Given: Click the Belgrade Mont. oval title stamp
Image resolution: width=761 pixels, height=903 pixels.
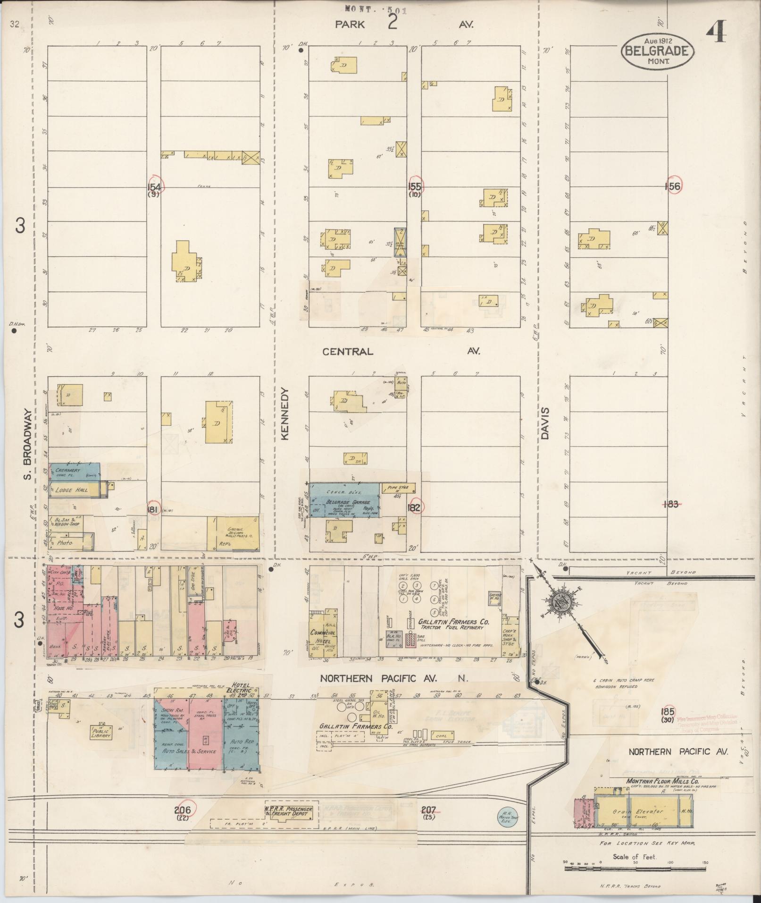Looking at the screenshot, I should point(657,51).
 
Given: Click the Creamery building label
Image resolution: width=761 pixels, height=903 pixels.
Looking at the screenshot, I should point(69,471).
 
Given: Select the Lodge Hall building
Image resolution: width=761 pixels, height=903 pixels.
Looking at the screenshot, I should point(70,490).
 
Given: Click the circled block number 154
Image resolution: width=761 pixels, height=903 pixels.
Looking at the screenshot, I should point(154,187).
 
